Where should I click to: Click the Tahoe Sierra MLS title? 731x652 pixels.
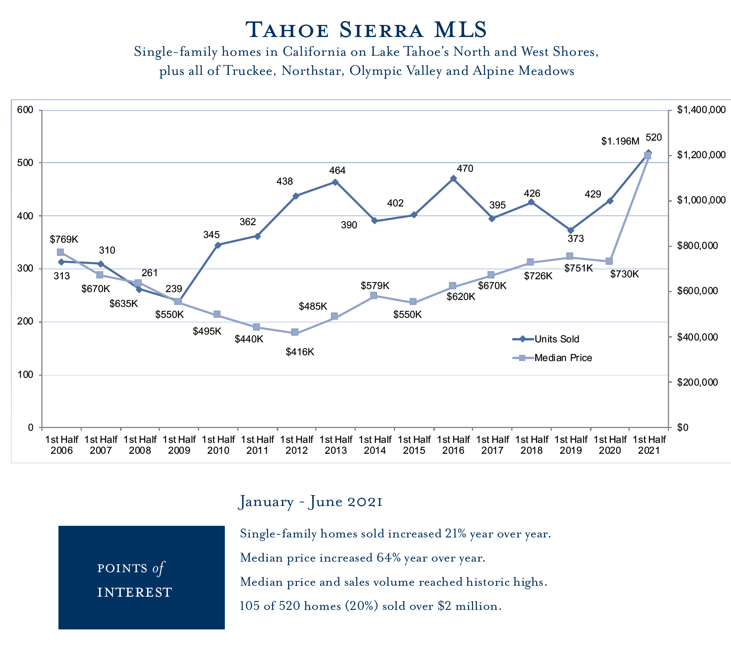[366, 30]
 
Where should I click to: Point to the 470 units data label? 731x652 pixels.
[465, 169]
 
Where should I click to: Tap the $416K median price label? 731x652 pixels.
[300, 352]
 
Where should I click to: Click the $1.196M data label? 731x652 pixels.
[620, 141]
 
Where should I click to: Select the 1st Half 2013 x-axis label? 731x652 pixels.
[336, 445]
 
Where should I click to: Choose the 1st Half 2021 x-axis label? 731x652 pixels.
[649, 445]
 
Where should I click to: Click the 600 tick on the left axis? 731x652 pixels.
[25, 110]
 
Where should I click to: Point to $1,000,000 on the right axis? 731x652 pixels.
[701, 201]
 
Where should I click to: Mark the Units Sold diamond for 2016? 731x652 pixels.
[453, 179]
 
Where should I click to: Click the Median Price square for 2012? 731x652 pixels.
[295, 332]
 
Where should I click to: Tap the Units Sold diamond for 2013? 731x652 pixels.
[335, 182]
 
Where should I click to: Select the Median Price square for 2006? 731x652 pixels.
[60, 252]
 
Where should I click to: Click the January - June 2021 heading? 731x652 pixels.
[310, 502]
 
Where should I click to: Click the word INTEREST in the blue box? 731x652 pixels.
[134, 592]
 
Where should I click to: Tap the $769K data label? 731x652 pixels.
[64, 240]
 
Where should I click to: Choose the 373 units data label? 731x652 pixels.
[576, 239]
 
